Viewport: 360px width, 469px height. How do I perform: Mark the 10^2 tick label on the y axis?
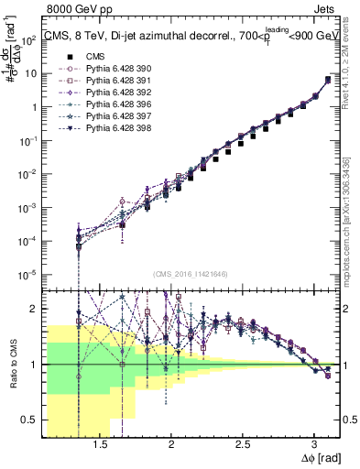point(27,41)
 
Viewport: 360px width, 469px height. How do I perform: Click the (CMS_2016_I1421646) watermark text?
point(191,274)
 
